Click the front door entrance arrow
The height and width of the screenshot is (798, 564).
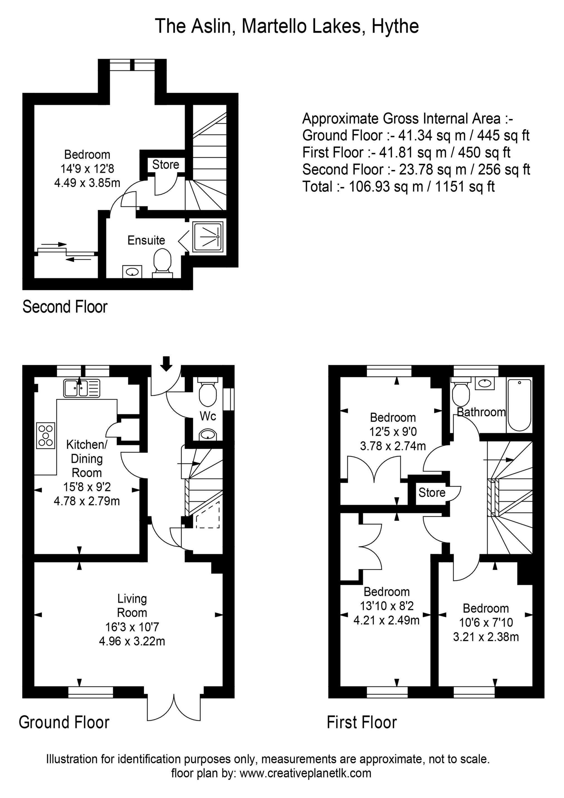(x=167, y=364)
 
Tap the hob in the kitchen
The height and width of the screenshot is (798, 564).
(x=45, y=436)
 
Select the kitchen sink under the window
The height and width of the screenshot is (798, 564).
(x=81, y=388)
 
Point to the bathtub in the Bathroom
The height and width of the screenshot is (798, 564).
(x=519, y=405)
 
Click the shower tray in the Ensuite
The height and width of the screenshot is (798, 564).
(x=207, y=236)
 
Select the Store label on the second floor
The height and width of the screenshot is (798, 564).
(x=166, y=164)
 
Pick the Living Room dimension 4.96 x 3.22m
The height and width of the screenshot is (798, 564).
(x=132, y=641)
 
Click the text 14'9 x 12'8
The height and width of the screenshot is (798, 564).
(x=87, y=169)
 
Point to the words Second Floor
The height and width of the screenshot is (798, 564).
(x=65, y=307)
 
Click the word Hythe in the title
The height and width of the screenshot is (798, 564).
(x=395, y=26)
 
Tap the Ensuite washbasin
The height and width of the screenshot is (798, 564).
(x=132, y=272)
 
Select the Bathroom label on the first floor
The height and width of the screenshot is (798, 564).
(x=481, y=412)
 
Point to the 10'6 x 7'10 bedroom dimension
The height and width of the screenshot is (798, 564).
(x=486, y=622)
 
